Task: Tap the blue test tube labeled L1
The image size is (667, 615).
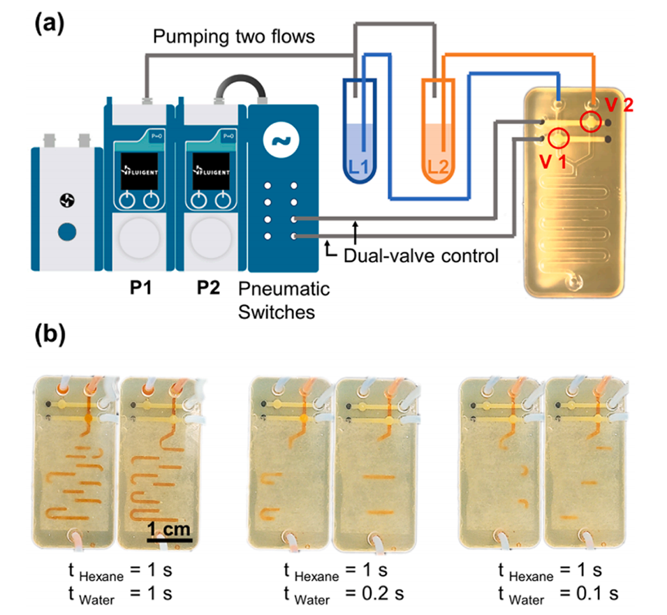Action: [x=361, y=133]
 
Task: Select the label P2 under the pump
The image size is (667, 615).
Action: [x=208, y=288]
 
